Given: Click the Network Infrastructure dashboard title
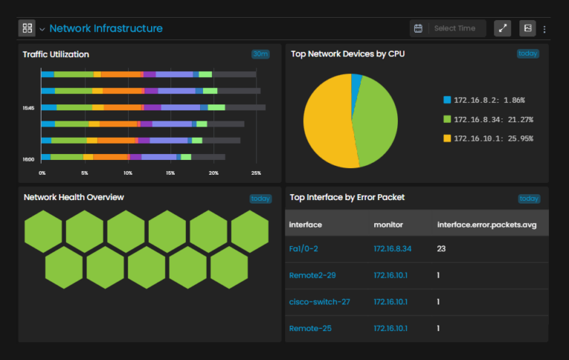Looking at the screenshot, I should [106, 28].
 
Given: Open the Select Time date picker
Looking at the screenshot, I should [447, 28].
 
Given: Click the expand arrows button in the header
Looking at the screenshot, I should [502, 28].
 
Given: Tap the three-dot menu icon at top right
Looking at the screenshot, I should [545, 29].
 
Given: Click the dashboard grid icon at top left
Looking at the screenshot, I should [27, 28].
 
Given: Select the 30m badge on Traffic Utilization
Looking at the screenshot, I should [260, 54].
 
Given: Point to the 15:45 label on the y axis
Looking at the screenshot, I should [28, 108].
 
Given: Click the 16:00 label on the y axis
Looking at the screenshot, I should [28, 159].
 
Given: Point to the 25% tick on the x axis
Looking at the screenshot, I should [256, 173].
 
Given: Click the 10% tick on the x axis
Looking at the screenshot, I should [128, 173].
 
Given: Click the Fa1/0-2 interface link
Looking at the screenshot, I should [303, 249].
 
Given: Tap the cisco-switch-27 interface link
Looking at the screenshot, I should [319, 301].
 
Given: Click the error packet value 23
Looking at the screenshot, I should [442, 249].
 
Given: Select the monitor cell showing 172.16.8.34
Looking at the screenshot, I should [393, 249].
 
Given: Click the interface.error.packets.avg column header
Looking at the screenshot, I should [487, 224].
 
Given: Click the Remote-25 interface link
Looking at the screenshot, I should [310, 328].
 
